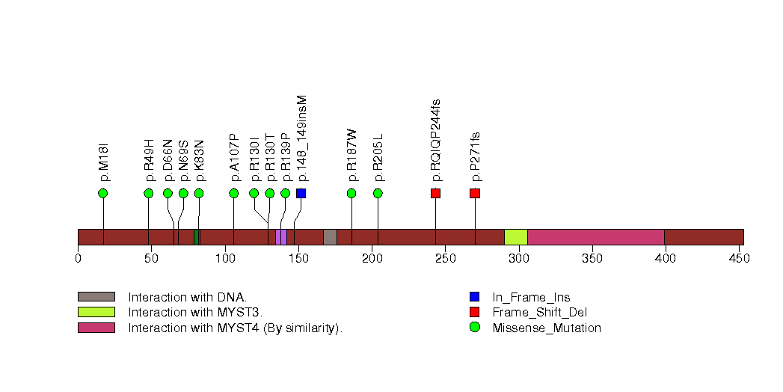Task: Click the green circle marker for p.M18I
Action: point(103,193)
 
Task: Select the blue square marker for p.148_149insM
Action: point(301,193)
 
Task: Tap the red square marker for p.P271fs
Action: point(475,193)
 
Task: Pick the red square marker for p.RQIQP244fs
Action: point(435,193)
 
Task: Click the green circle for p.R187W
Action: point(351,193)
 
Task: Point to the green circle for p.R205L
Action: point(378,193)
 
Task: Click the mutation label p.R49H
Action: point(149,160)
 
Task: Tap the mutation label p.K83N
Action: point(199,160)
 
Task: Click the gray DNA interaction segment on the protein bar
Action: point(330,237)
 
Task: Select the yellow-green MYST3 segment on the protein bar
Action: point(516,237)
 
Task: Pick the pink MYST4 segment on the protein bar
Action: point(596,237)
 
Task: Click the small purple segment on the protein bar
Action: point(281,237)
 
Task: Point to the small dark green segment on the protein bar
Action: point(197,237)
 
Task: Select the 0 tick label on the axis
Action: point(78,259)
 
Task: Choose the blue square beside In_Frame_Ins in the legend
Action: point(474,296)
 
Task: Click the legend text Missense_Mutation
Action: point(547,328)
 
